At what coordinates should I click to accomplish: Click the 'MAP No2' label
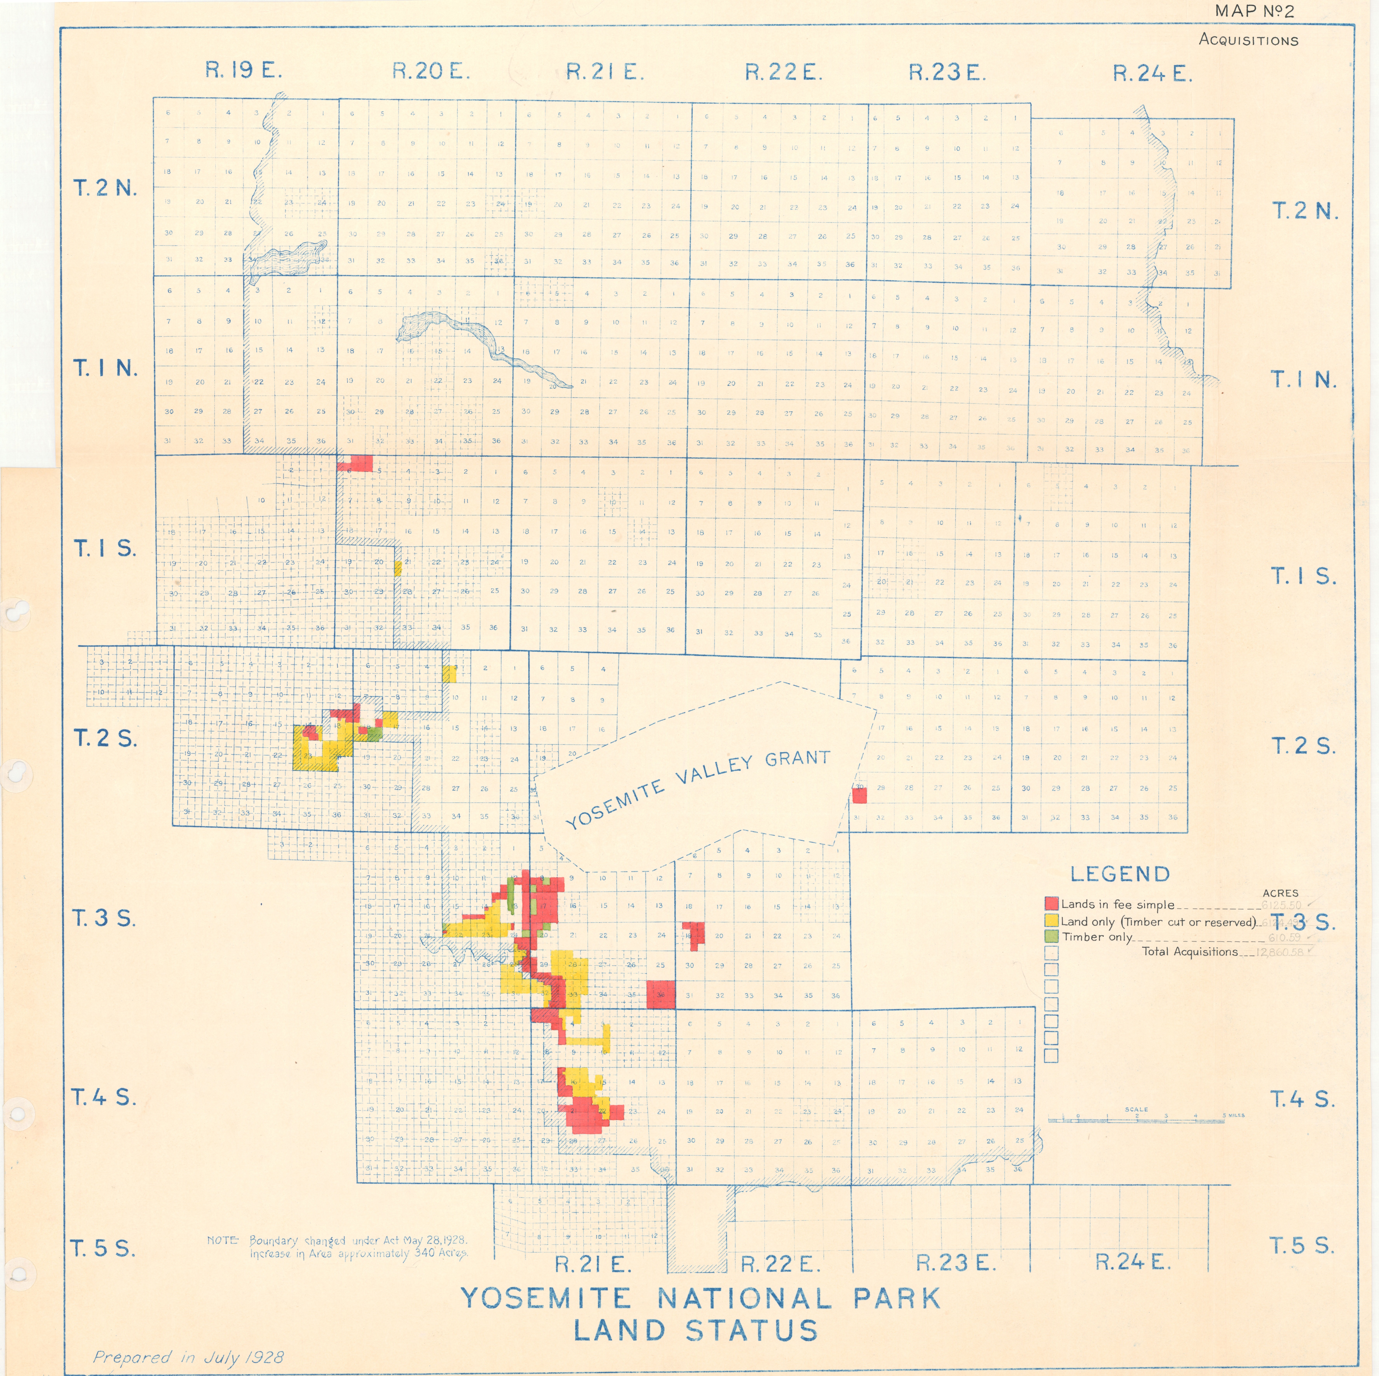(1254, 11)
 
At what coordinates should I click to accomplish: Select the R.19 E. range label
(243, 71)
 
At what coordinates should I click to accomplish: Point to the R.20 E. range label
(430, 71)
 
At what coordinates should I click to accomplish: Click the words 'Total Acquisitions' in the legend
(1190, 951)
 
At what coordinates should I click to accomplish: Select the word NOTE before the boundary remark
(223, 1240)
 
